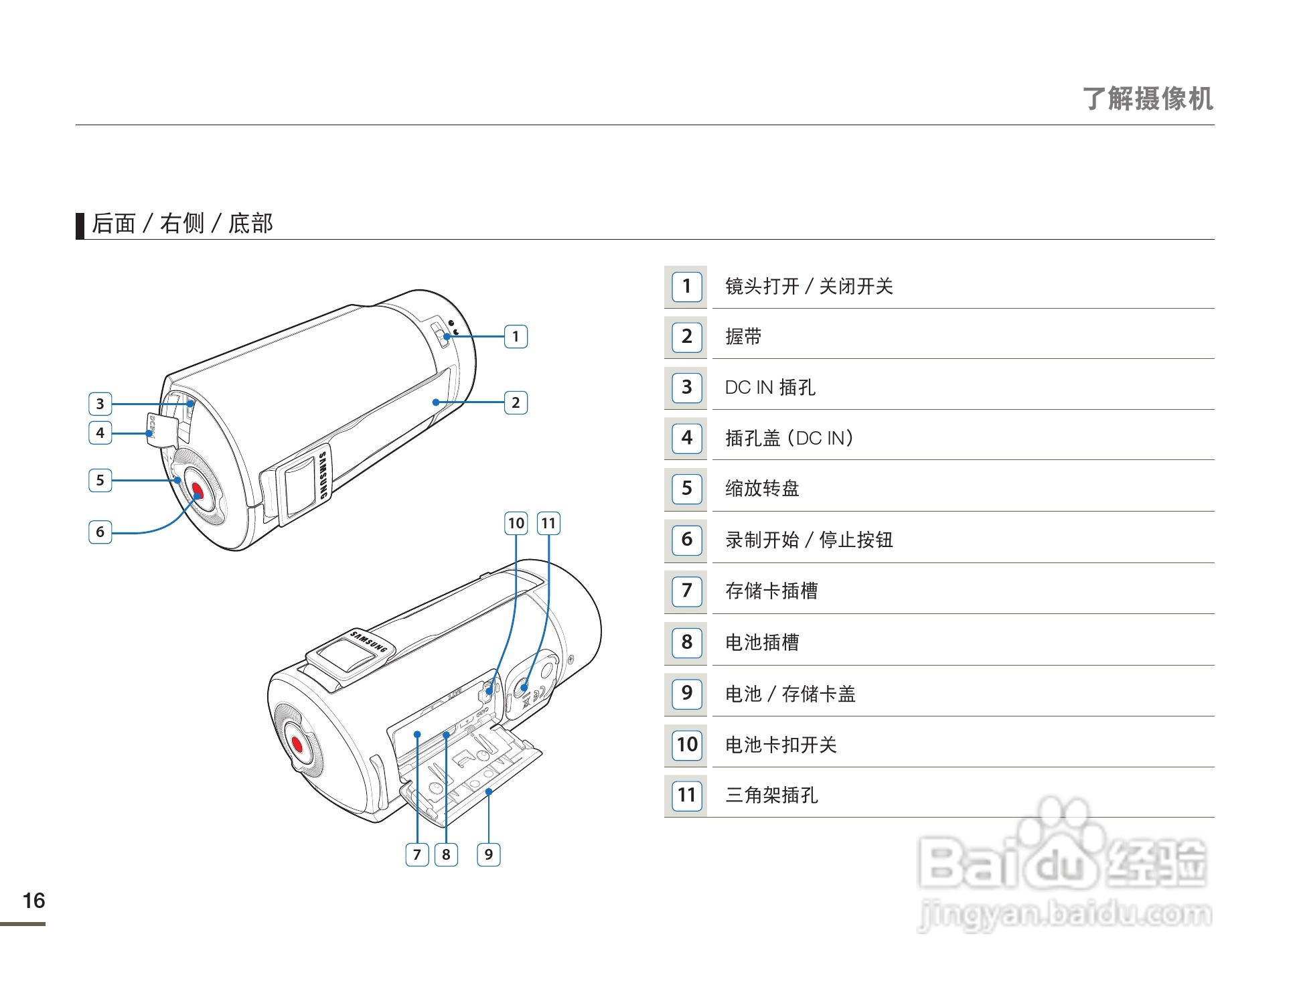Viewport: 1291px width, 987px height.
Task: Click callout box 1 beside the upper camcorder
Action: click(515, 336)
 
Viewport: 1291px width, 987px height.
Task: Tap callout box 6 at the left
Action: click(100, 532)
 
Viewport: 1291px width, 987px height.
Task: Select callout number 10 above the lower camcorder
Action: click(516, 523)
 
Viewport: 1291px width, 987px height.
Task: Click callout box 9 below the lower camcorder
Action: click(488, 854)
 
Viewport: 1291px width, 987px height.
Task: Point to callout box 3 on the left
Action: click(100, 403)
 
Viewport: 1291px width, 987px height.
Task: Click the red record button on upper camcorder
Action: click(196, 491)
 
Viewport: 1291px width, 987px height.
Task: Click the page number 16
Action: click(33, 901)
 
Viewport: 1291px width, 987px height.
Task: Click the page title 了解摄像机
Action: click(1147, 98)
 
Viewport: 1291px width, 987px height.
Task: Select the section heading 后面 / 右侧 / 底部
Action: click(182, 224)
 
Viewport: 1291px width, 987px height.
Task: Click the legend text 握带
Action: click(743, 337)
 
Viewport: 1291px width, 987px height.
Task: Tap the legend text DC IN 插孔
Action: click(770, 387)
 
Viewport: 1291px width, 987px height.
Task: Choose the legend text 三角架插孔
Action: click(771, 795)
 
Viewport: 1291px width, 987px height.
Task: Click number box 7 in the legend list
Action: click(686, 591)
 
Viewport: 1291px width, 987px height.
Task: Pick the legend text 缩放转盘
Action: click(762, 489)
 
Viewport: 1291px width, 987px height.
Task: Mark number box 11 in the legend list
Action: click(686, 795)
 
